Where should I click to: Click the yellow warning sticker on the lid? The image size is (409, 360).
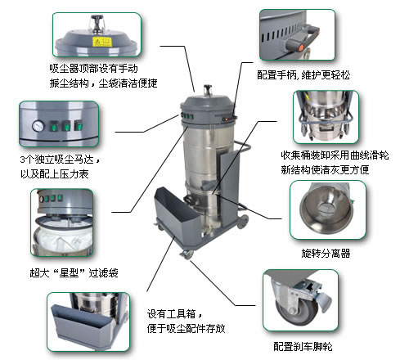point(102,42)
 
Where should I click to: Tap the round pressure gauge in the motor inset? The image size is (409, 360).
point(38,126)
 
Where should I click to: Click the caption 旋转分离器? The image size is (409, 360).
point(326,254)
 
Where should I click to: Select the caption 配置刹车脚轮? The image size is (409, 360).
point(303,346)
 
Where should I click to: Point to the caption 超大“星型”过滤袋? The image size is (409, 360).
point(74,272)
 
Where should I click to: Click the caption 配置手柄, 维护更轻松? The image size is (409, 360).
point(303,74)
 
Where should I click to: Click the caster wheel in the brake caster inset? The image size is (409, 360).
point(297,311)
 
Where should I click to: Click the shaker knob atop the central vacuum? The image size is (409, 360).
point(208,88)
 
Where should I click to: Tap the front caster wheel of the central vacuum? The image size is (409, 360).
point(187,254)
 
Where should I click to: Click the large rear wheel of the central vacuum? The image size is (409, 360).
point(243,222)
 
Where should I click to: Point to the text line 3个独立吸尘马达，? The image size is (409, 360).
point(61,160)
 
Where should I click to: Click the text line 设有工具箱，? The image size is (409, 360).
point(175,313)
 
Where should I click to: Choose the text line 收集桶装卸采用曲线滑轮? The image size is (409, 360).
point(335,155)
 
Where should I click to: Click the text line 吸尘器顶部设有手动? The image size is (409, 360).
point(93,68)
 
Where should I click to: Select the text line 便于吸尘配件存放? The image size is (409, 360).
point(186,328)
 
